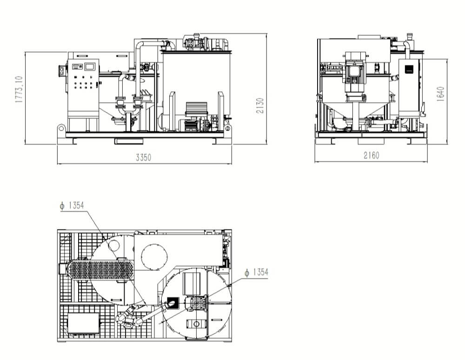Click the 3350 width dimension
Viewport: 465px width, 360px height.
point(144,157)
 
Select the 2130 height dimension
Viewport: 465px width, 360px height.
point(260,105)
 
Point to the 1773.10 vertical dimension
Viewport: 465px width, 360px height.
point(19,90)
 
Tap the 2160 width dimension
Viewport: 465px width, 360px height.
point(371,155)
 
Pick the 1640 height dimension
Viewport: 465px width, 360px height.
point(441,94)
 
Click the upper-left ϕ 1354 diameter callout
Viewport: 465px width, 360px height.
point(72,205)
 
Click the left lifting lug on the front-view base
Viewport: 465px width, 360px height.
point(61,128)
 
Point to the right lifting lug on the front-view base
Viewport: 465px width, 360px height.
point(228,128)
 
